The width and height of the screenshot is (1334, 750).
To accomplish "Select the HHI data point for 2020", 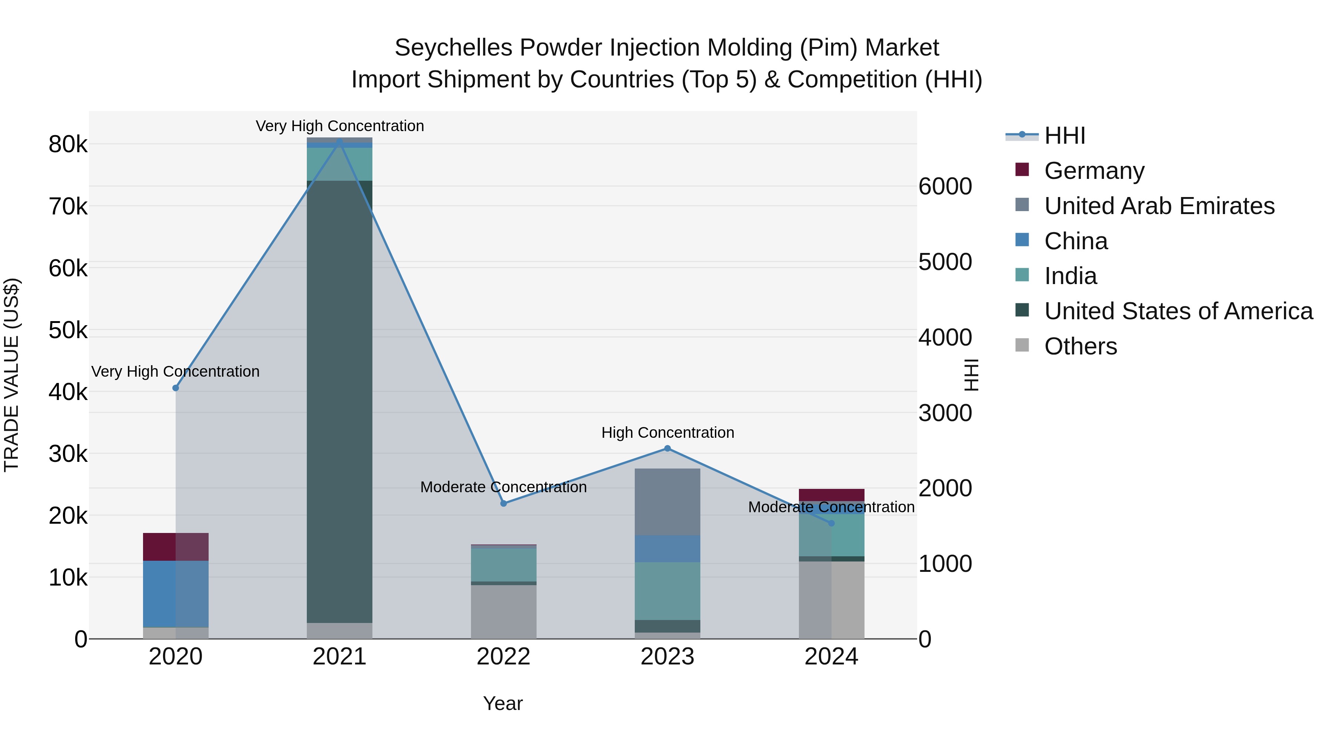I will click(x=176, y=388).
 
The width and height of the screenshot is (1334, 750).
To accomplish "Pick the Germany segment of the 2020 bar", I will click(x=176, y=547).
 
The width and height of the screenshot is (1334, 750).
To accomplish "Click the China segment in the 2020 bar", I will click(x=176, y=594).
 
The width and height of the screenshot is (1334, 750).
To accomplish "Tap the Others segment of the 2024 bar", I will click(x=831, y=600).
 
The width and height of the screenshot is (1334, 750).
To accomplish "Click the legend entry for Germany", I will click(x=1094, y=171).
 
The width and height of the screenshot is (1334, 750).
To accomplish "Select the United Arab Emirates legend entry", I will click(x=1159, y=206).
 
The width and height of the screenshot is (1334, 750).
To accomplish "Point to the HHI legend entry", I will click(x=1064, y=136).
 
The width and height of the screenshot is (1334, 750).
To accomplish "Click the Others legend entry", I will click(x=1080, y=346).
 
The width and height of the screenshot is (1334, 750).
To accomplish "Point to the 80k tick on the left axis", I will click(x=68, y=145).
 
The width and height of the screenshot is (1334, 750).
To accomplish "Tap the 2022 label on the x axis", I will click(x=503, y=657).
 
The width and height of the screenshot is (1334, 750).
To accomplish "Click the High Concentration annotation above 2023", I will click(x=667, y=433).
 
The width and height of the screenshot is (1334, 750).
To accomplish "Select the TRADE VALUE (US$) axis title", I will click(x=12, y=375).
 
